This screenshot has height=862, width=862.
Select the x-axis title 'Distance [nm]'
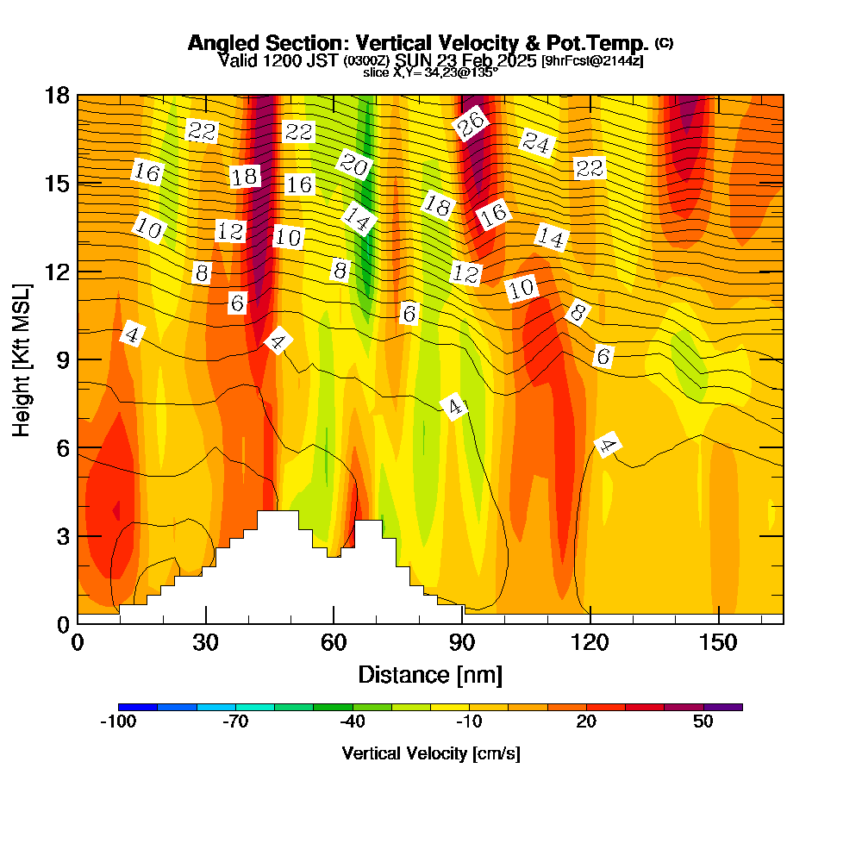430,674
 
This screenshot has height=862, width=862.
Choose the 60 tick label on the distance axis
334,643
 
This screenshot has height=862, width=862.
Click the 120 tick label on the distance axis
590,643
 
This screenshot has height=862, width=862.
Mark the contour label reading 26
472,123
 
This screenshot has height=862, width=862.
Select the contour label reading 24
536,142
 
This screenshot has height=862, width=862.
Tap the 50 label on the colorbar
703,722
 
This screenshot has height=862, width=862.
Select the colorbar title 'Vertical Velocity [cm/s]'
430,753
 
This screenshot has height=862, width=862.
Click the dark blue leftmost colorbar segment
138,707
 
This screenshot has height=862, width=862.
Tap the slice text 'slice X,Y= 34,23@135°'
430,73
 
